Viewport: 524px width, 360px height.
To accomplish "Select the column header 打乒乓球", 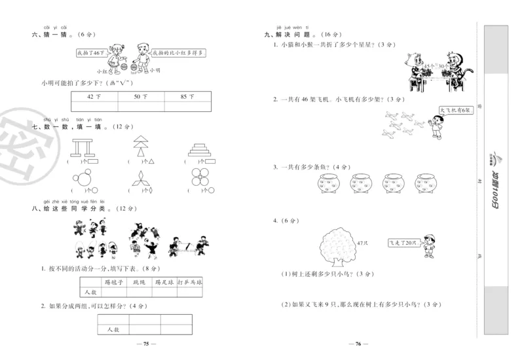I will (x=189, y=283).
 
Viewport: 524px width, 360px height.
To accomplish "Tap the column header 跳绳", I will (x=138, y=283).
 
